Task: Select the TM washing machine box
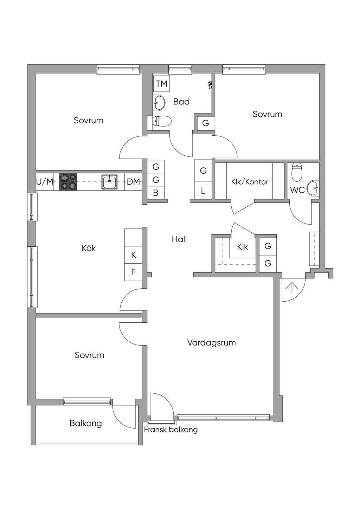[161, 84]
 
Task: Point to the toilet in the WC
[296, 172]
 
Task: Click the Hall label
[179, 239]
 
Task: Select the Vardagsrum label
[211, 342]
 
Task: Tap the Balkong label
[86, 423]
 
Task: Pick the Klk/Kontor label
[250, 182]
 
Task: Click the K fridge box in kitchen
[133, 255]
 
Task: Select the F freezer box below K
[133, 272]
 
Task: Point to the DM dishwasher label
[133, 181]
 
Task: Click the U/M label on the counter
[45, 182]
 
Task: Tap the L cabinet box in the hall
[203, 191]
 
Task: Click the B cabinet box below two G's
[156, 193]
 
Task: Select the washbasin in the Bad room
[159, 103]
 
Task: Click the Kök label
[89, 248]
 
